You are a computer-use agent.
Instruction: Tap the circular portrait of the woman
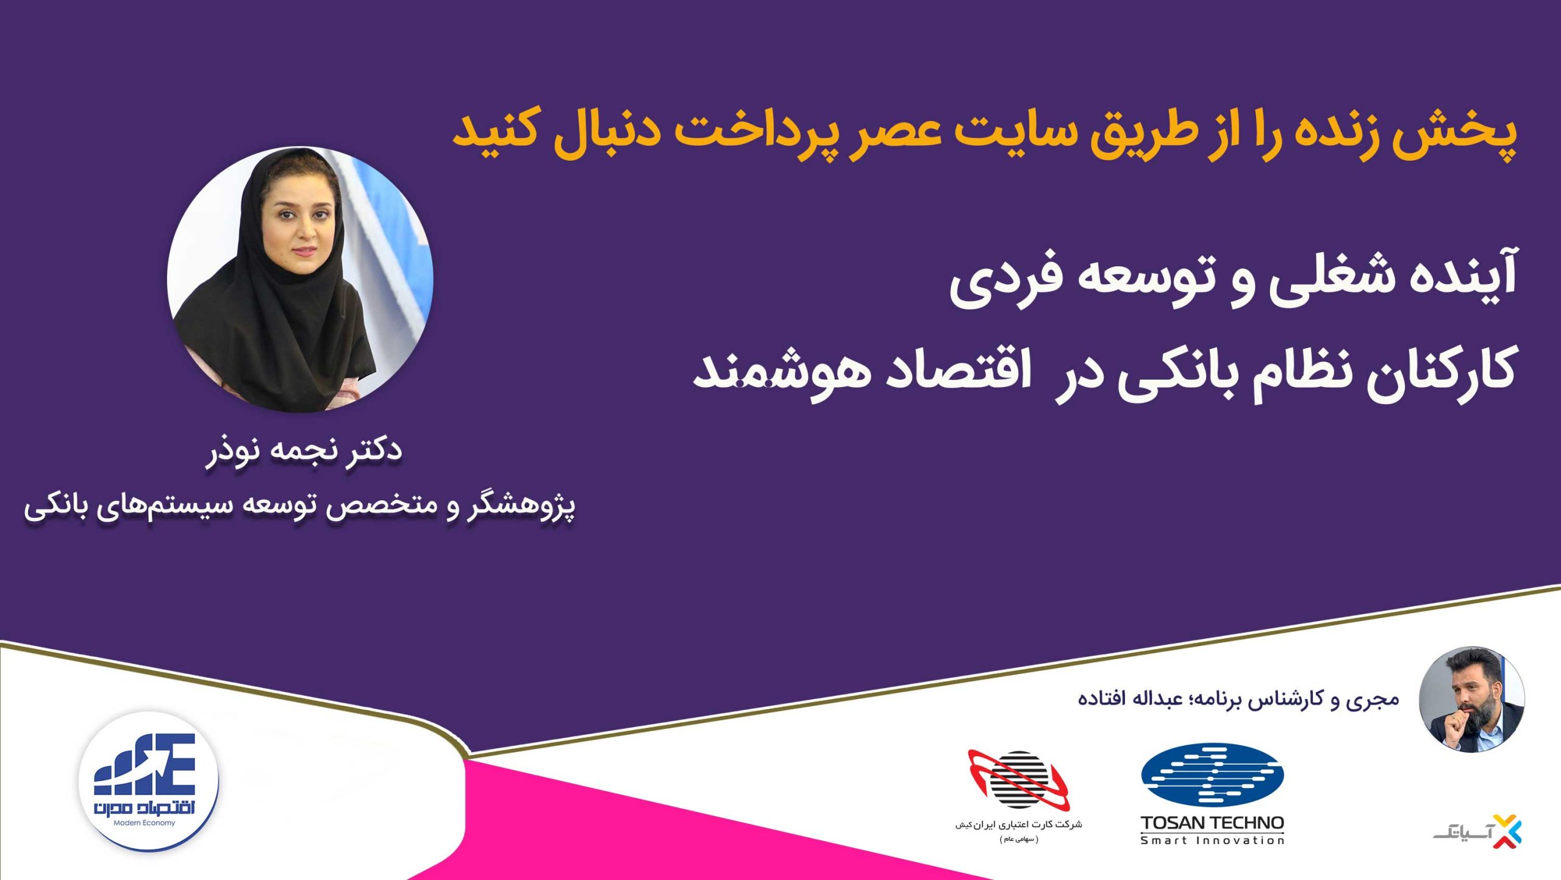point(300,279)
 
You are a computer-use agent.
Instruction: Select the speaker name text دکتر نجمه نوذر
point(304,452)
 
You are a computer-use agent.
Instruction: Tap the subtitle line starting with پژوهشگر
point(299,508)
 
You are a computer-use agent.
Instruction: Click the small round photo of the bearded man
point(1472,699)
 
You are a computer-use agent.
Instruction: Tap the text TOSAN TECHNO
point(1212,823)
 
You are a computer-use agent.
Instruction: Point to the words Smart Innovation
point(1212,840)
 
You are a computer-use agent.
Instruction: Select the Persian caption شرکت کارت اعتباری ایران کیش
point(1019,825)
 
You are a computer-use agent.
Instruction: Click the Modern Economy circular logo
point(148,782)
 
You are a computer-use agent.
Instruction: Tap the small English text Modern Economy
point(145,823)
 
